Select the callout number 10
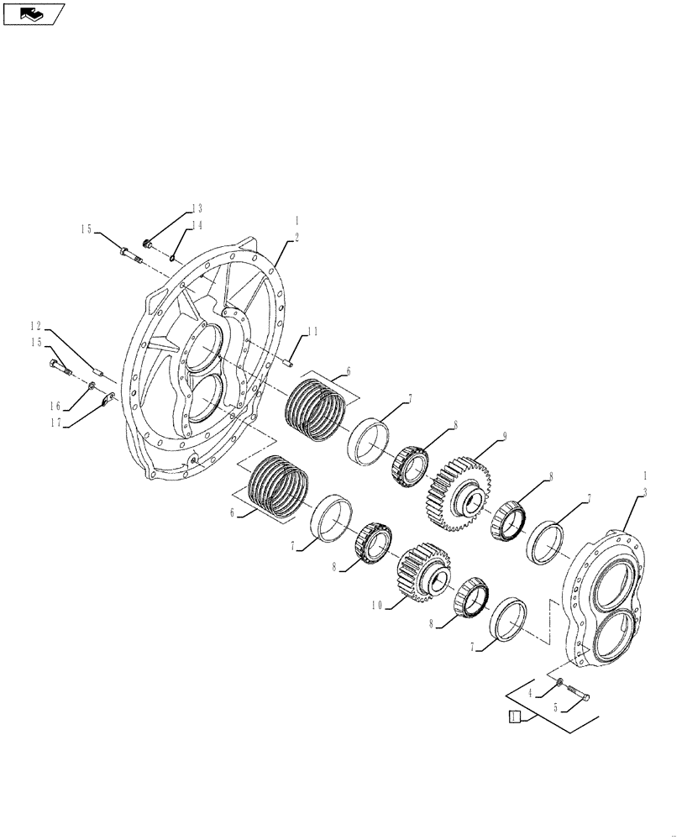pyautogui.click(x=377, y=604)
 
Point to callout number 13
pyautogui.click(x=197, y=208)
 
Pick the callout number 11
pyautogui.click(x=312, y=332)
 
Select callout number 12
pyautogui.click(x=36, y=326)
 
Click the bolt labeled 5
pyautogui.click(x=576, y=695)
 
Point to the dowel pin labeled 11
pyautogui.click(x=286, y=363)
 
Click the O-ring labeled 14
pyautogui.click(x=172, y=258)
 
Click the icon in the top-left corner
pyautogui.click(x=34, y=13)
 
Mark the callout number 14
pyautogui.click(x=197, y=225)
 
